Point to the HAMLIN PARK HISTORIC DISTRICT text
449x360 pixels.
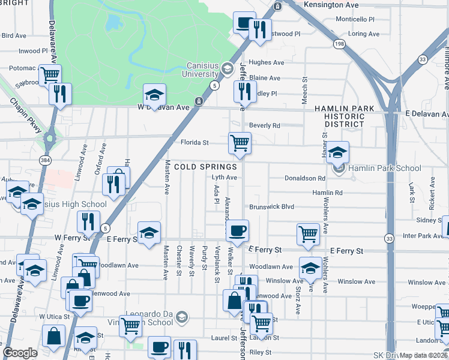pos(344,116)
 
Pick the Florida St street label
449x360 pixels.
pos(194,143)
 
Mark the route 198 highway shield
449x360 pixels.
pos(339,44)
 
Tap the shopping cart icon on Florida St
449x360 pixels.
pos(240,143)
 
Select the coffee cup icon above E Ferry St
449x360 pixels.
pos(238,230)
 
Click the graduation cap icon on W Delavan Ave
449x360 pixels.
pos(154,95)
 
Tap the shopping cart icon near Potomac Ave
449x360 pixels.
pos(50,75)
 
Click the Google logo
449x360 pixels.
pos(20,352)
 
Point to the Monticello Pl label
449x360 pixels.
pos(354,19)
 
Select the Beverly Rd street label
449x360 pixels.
pos(265,125)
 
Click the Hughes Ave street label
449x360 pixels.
pos(267,62)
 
